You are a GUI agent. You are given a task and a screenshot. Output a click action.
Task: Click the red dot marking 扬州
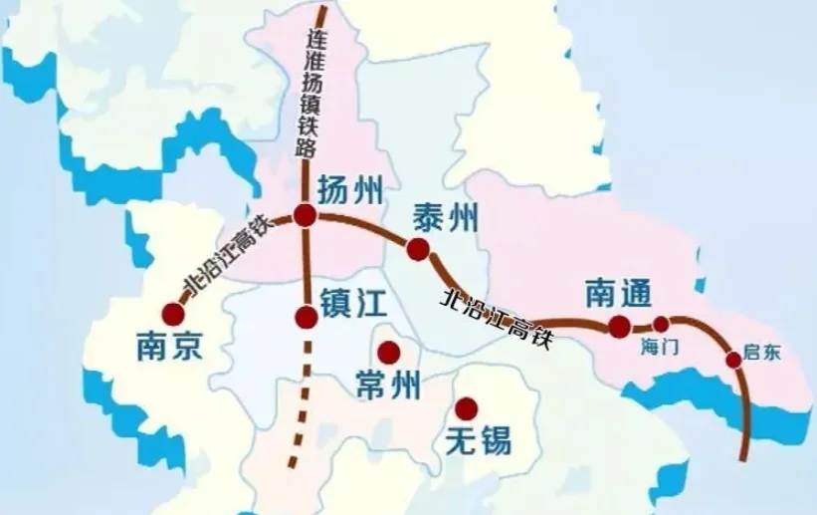pos(306,215)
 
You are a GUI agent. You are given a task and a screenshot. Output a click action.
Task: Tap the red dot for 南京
pos(174,315)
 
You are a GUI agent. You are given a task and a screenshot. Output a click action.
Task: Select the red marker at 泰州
pos(418,249)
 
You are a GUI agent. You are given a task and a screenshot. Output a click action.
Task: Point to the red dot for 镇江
pos(306,318)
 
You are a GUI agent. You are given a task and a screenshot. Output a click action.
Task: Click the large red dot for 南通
pos(620,326)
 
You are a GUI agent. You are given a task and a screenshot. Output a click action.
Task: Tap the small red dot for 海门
pos(661,324)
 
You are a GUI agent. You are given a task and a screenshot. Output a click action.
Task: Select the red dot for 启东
pos(733,360)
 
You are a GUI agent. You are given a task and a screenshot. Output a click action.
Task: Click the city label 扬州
pos(349,190)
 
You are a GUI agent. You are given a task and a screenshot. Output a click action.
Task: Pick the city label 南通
pos(618,293)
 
